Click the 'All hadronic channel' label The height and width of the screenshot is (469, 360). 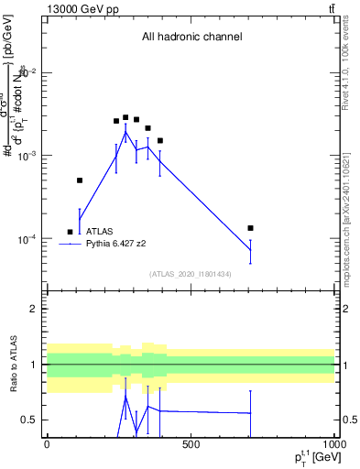(x=191, y=38)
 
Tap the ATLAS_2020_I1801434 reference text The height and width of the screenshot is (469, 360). (x=191, y=274)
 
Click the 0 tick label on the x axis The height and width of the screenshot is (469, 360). (x=47, y=444)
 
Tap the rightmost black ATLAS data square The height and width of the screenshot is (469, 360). (x=250, y=227)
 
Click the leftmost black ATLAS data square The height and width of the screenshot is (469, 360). (x=71, y=232)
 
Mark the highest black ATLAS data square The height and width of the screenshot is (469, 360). (x=125, y=117)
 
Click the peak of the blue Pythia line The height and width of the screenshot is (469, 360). (x=125, y=132)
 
